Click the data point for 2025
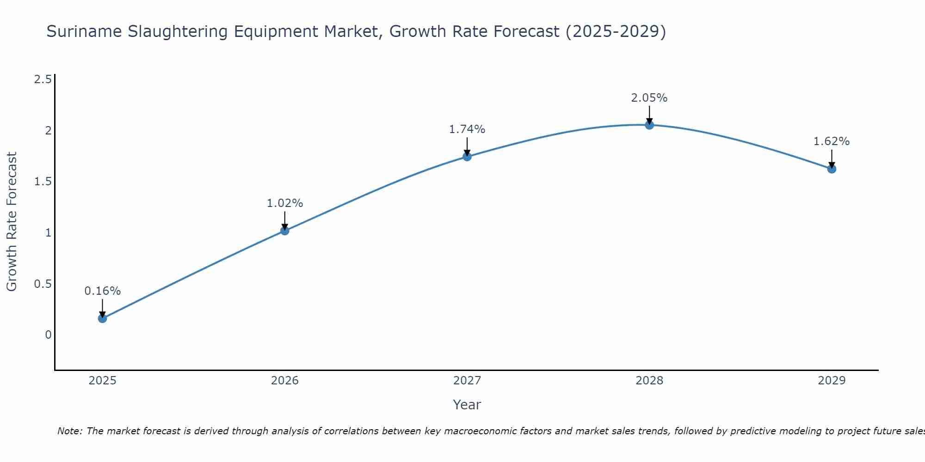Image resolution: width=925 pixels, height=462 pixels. (102, 318)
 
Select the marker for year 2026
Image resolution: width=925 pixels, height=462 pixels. (285, 231)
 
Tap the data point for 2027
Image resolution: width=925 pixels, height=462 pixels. (467, 157)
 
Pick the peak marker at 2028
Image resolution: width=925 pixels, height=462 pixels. (649, 125)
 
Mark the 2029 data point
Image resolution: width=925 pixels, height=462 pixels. (832, 169)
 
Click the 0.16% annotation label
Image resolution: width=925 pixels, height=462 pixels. (102, 291)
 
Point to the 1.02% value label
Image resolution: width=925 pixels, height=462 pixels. (285, 203)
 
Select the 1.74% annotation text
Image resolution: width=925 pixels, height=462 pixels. (467, 129)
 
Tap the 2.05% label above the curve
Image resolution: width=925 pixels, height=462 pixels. (649, 98)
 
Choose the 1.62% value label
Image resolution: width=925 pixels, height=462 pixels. (832, 141)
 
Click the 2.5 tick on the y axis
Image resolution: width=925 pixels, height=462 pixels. (43, 79)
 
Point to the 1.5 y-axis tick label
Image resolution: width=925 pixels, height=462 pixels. (43, 182)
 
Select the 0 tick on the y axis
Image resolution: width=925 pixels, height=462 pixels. (48, 334)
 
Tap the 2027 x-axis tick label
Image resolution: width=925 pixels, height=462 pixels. (467, 381)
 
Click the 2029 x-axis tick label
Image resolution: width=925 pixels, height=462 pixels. (832, 381)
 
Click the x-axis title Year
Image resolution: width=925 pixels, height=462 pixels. (467, 405)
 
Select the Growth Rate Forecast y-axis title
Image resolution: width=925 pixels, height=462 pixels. (12, 222)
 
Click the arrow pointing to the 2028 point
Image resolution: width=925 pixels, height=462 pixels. (649, 114)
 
